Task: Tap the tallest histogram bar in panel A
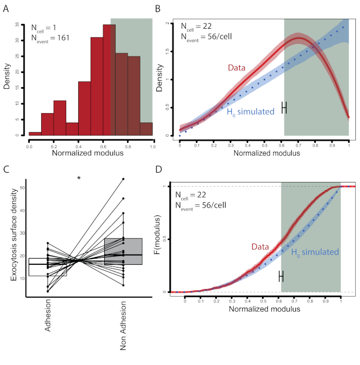pyautogui.click(x=109, y=78)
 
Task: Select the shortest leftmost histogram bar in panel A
pyautogui.click(x=35, y=133)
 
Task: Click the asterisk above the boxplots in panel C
pyautogui.click(x=79, y=179)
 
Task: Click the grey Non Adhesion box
pyautogui.click(x=123, y=252)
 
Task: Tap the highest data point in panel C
pyautogui.click(x=123, y=179)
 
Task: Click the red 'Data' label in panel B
pyautogui.click(x=236, y=68)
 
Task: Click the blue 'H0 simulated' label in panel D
pyautogui.click(x=314, y=252)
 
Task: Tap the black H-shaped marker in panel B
pyautogui.click(x=284, y=107)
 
